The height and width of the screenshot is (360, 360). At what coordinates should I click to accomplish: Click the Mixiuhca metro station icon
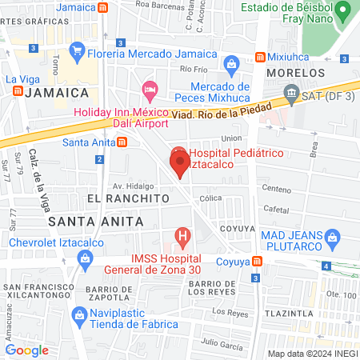pyautogui.click(x=259, y=58)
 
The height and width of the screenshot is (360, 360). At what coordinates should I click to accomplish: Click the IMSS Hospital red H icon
pyautogui.click(x=183, y=237)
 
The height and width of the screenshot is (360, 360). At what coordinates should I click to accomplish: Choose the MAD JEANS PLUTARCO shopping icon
pyautogui.click(x=333, y=235)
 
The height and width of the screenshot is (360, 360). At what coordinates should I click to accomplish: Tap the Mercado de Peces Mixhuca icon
pyautogui.click(x=230, y=62)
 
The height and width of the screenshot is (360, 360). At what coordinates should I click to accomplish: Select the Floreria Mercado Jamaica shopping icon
pyautogui.click(x=78, y=54)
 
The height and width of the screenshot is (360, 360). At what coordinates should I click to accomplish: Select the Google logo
pyautogui.click(x=26, y=350)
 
